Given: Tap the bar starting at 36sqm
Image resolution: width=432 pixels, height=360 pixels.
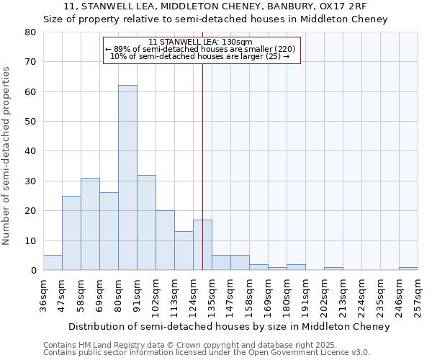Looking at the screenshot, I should click(53, 263).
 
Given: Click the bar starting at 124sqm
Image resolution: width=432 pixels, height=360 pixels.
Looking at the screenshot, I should click(202, 245).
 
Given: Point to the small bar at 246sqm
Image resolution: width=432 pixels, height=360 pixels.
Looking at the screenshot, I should click(408, 269).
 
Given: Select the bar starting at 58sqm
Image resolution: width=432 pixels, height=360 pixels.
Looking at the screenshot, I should click(90, 224).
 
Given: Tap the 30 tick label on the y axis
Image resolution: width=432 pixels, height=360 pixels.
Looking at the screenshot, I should click(30, 181).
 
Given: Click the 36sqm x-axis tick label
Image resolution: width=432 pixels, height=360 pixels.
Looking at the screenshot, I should click(43, 294).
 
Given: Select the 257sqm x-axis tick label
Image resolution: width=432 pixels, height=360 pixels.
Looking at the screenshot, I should click(418, 294).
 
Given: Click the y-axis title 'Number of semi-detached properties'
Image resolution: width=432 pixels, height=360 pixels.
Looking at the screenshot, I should click(7, 155).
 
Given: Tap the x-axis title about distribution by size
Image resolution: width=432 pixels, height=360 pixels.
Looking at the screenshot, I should click(229, 326).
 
